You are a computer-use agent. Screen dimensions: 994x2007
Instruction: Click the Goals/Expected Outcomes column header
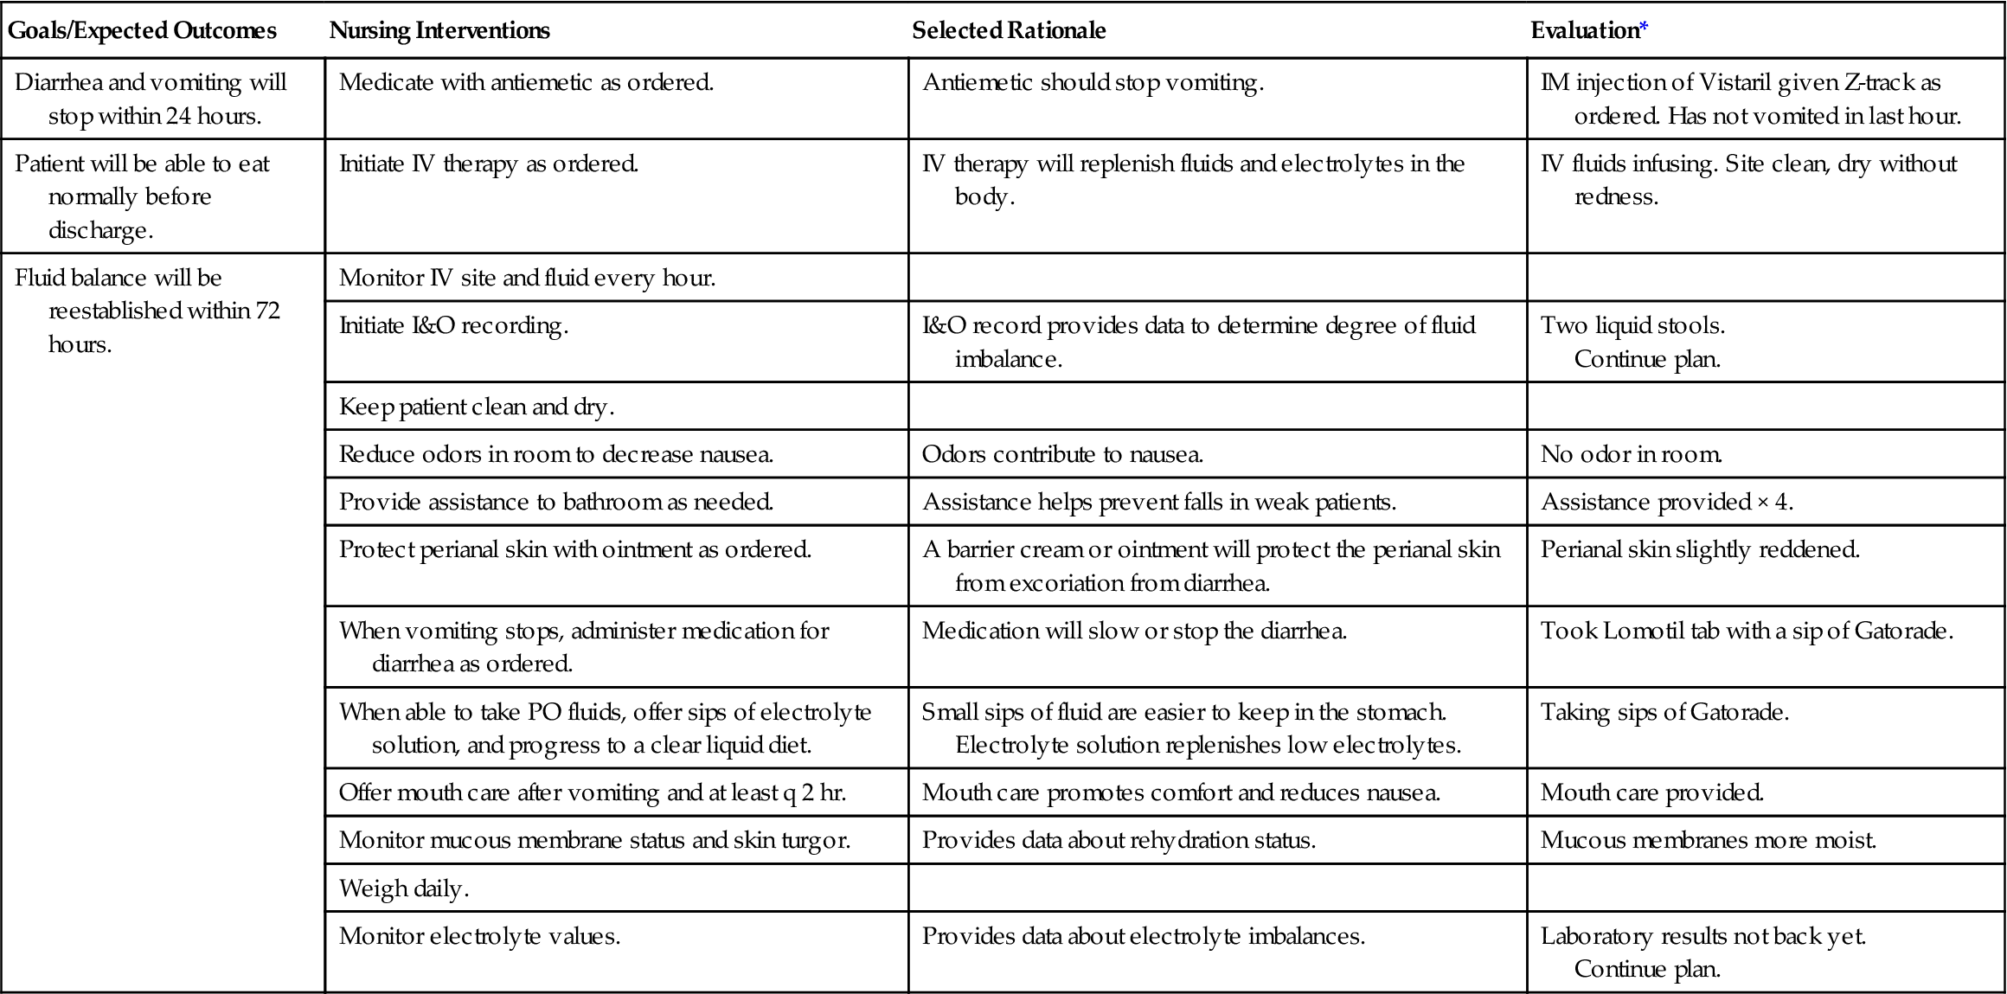point(142,31)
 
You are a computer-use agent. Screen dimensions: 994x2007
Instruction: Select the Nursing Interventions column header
point(439,31)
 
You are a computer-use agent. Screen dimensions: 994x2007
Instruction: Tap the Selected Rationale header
point(1009,31)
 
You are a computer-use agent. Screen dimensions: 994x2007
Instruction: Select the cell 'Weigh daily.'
point(404,888)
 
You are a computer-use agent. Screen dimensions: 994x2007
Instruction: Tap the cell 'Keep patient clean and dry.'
point(477,407)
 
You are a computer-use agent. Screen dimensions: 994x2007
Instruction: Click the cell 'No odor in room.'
point(1631,454)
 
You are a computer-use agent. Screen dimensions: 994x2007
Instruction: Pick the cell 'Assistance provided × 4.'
point(1666,502)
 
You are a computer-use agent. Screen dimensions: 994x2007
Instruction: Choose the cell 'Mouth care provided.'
point(1651,792)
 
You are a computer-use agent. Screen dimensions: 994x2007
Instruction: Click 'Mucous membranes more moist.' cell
point(1708,840)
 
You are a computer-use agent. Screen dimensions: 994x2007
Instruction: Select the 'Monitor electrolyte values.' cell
point(479,936)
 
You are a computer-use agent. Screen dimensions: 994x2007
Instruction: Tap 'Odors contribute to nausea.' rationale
point(1062,454)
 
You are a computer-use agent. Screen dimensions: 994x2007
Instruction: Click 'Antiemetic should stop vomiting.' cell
point(1093,83)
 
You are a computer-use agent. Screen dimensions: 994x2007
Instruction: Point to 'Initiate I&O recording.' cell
point(453,325)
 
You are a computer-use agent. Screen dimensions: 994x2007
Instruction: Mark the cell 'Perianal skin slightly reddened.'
point(1699,549)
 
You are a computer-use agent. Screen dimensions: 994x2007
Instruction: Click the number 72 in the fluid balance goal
point(267,311)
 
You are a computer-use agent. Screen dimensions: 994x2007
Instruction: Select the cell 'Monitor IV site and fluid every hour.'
point(527,278)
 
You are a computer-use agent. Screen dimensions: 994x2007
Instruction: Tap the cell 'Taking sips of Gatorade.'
point(1664,712)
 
